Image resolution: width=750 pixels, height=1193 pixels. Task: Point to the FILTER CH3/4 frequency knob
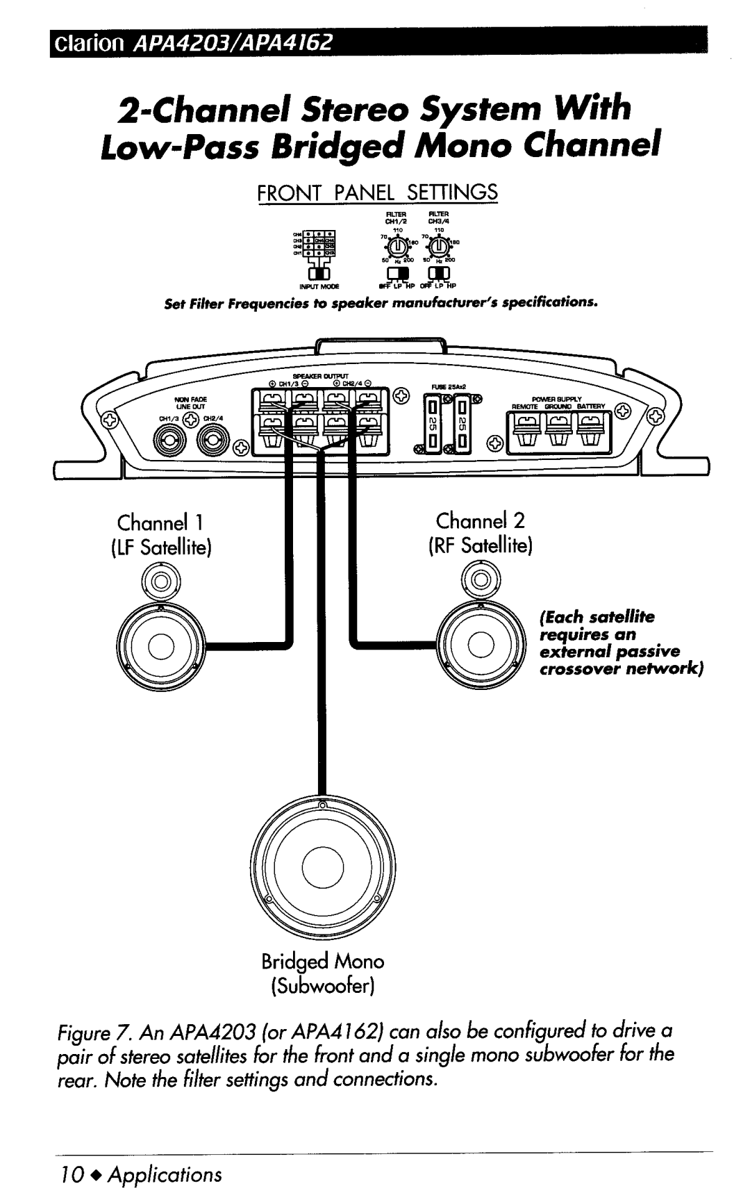(x=438, y=247)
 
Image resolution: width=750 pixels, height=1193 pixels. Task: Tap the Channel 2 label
(x=481, y=520)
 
